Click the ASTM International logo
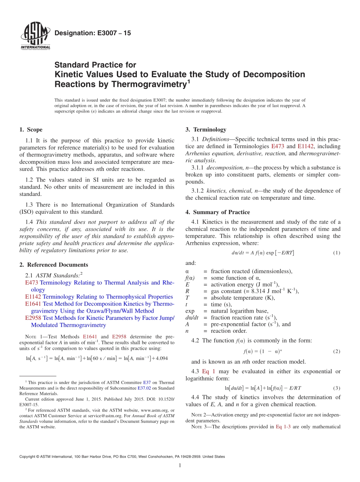(35, 36)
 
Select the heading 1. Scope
(31, 130)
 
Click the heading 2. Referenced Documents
(53, 265)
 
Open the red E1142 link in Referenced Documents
(33, 297)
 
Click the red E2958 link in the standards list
(33, 318)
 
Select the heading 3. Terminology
(206, 130)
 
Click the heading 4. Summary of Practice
(218, 212)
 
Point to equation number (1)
(337, 253)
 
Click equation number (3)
(337, 388)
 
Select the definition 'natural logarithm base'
(239, 311)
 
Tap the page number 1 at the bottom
(180, 466)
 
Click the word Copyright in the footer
(28, 457)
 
